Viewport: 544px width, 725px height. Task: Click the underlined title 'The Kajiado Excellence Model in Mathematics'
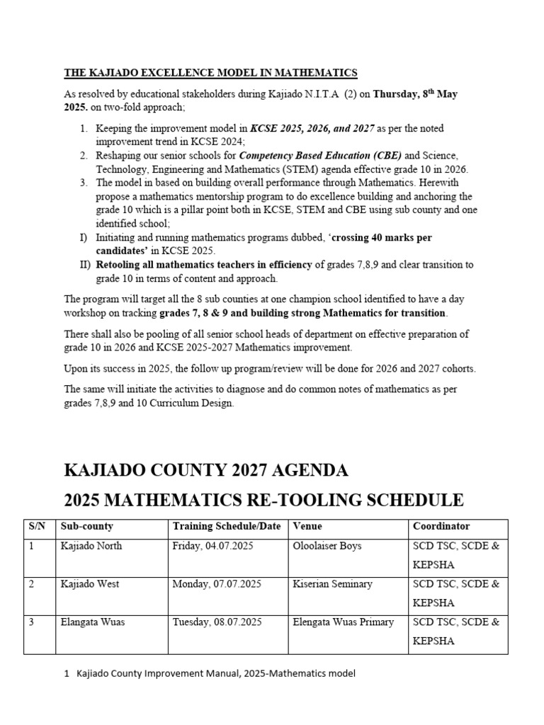coord(210,73)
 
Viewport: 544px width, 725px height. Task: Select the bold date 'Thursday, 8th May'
coord(416,94)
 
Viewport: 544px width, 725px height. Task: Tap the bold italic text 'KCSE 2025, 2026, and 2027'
coord(312,129)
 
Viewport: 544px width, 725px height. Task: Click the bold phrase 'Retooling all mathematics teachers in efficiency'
coord(203,264)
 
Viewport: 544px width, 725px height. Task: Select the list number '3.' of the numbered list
coord(84,183)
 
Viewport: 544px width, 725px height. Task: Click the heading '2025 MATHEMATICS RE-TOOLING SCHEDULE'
coord(263,501)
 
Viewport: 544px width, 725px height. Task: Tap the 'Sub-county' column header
coord(87,527)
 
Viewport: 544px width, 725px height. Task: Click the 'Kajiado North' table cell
coord(91,546)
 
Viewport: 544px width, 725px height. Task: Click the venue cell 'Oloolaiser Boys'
coord(327,546)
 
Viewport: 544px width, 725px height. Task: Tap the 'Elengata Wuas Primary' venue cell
coord(343,622)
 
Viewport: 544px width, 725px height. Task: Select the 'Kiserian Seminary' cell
coord(332,584)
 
